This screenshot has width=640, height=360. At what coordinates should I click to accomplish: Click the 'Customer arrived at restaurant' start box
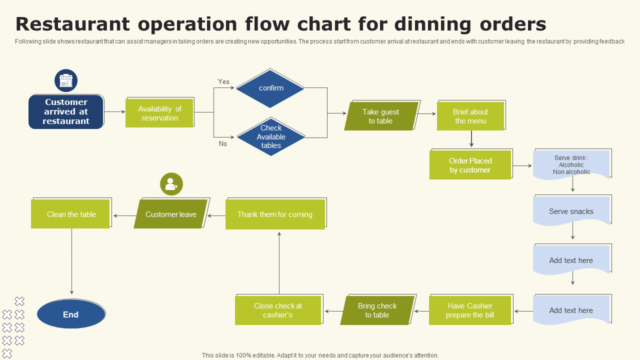pyautogui.click(x=66, y=111)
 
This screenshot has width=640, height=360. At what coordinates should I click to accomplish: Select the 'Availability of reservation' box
pyautogui.click(x=159, y=113)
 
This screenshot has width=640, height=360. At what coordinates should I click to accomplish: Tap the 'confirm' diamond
pyautogui.click(x=270, y=88)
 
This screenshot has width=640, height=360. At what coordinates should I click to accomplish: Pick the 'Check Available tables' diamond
pyautogui.click(x=271, y=136)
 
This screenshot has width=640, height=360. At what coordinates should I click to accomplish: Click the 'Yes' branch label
pyautogui.click(x=223, y=81)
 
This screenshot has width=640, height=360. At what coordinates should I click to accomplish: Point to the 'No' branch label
pyautogui.click(x=223, y=143)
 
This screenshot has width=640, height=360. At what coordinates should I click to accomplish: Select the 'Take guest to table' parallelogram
pyautogui.click(x=381, y=116)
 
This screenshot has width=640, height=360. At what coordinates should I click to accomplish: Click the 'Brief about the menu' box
pyautogui.click(x=470, y=116)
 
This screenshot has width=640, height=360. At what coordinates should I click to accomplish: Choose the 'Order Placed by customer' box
pyautogui.click(x=470, y=165)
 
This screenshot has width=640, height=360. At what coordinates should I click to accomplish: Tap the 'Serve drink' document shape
pyautogui.click(x=571, y=164)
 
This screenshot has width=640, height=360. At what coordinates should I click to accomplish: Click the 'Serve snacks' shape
pyautogui.click(x=571, y=211)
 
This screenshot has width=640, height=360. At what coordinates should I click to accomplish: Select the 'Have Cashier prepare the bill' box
pyautogui.click(x=470, y=310)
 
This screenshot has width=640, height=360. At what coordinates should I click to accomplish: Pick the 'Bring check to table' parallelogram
pyautogui.click(x=377, y=310)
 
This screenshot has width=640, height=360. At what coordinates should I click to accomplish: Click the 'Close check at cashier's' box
pyautogui.click(x=278, y=310)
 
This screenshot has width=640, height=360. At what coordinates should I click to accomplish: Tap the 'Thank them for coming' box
pyautogui.click(x=275, y=214)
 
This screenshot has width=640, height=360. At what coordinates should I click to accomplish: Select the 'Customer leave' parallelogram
pyautogui.click(x=171, y=214)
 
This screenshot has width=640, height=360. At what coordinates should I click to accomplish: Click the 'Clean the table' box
pyautogui.click(x=71, y=214)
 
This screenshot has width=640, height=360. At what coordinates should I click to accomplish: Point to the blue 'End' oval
pyautogui.click(x=71, y=314)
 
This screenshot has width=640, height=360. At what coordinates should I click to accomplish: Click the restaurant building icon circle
pyautogui.click(x=66, y=80)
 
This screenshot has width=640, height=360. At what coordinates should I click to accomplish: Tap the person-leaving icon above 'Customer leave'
pyautogui.click(x=171, y=184)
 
